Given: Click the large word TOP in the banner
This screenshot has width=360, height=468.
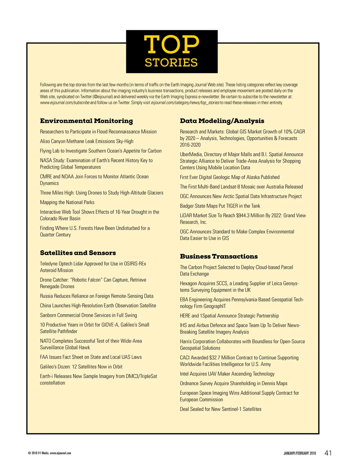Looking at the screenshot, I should (172, 44).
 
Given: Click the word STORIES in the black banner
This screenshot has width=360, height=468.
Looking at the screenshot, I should (171, 63).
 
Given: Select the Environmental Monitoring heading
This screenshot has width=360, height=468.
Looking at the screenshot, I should (86, 121).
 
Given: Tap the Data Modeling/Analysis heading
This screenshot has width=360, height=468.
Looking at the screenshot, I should (222, 121).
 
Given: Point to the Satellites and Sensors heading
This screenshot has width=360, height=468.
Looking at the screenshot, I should (78, 253).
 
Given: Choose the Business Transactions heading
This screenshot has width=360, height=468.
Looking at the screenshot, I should (219, 256).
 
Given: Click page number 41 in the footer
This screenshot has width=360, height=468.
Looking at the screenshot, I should (328, 453).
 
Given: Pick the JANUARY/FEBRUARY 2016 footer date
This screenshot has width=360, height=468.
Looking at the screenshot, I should (300, 453).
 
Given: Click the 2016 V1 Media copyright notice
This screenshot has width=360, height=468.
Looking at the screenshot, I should (49, 453).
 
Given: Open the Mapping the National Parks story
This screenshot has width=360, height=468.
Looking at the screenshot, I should (67, 202).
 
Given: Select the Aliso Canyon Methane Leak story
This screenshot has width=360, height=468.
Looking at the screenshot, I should (86, 141).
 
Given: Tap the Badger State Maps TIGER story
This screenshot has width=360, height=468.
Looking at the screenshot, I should (220, 206).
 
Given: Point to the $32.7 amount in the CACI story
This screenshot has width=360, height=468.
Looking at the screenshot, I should (214, 358).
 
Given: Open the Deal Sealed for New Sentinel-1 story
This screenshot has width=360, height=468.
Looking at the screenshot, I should (221, 409).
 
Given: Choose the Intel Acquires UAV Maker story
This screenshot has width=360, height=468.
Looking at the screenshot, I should (227, 374).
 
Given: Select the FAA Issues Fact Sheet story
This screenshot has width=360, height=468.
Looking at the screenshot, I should (91, 357).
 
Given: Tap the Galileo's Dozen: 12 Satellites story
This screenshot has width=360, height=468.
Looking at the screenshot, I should (81, 366).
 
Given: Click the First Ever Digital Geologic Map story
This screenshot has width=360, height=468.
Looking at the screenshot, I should (230, 177).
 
